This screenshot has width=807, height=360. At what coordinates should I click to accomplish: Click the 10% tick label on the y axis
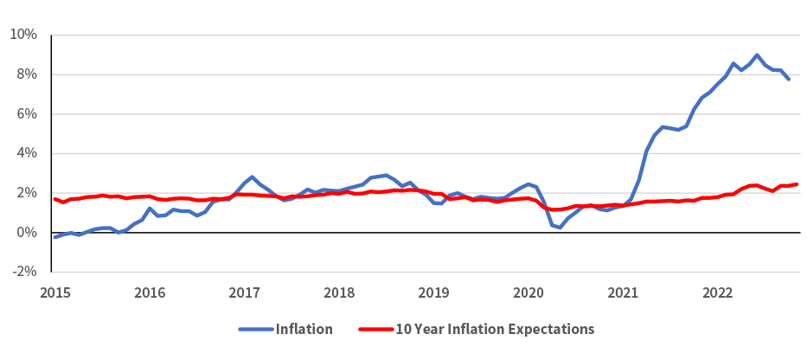click(x=23, y=35)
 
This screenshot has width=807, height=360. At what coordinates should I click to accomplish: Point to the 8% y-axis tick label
click(x=27, y=74)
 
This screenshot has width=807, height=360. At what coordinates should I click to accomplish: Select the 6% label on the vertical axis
click(x=27, y=114)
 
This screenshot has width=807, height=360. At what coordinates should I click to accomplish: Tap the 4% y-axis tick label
click(x=27, y=153)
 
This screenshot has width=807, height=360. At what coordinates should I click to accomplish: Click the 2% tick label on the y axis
click(x=27, y=193)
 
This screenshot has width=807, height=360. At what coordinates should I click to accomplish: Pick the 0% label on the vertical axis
click(x=27, y=233)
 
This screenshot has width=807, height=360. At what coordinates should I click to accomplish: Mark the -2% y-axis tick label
click(x=24, y=272)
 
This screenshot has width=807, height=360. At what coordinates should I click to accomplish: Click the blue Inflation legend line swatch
click(x=255, y=330)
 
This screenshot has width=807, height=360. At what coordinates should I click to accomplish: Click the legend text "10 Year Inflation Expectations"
click(x=495, y=330)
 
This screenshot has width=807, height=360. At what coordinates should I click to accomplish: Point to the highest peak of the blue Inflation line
click(x=757, y=55)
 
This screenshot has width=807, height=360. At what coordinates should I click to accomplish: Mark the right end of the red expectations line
click(x=797, y=183)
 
